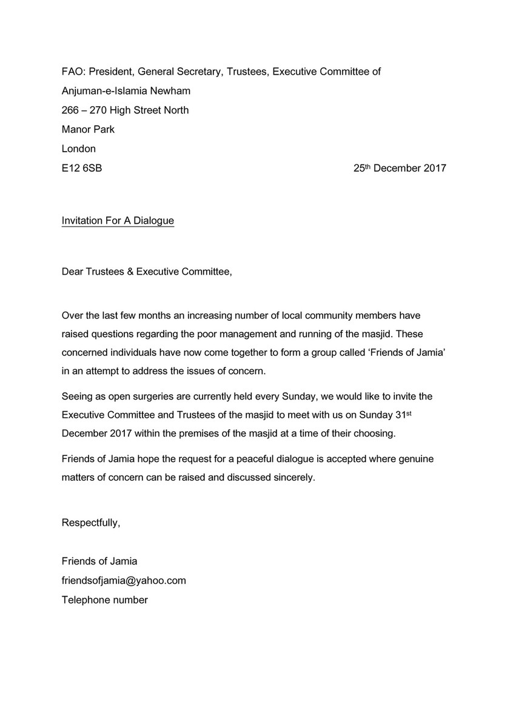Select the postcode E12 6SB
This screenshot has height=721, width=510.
82,168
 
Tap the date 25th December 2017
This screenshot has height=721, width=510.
400,168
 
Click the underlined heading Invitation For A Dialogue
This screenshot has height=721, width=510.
118,221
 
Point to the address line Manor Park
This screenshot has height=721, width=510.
88,129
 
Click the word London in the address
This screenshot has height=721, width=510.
79,149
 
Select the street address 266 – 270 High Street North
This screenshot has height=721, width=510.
125,110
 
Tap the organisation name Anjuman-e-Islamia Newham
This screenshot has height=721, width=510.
126,91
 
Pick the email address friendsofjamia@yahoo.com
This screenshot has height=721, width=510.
124,580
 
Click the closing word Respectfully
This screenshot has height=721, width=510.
91,523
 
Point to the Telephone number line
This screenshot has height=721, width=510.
105,600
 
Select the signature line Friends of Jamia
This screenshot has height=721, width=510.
100,561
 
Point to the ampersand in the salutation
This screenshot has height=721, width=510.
129,272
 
